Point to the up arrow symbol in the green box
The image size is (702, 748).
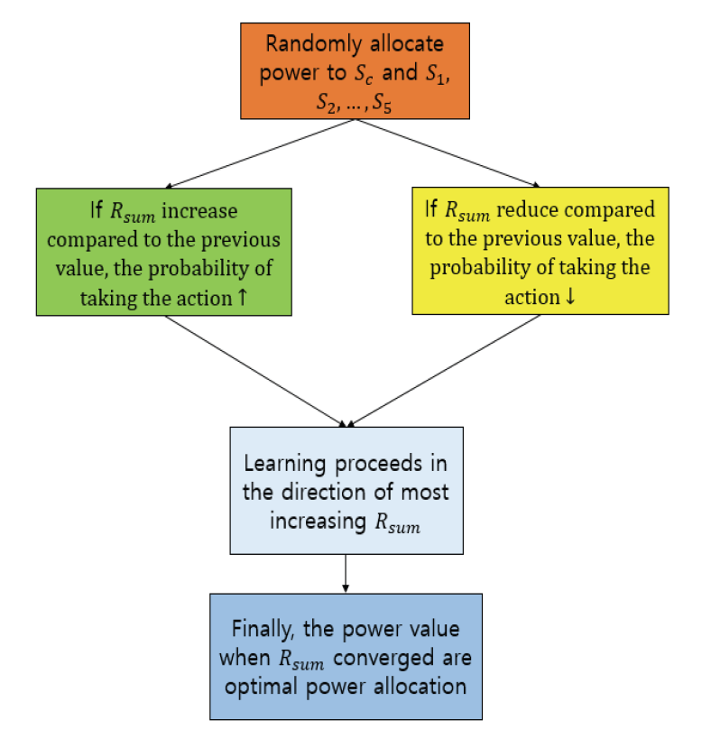point(241,297)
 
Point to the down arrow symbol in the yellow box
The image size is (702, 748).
point(568,297)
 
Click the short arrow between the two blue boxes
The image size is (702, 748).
point(346,573)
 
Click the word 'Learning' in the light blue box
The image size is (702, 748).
point(282,465)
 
